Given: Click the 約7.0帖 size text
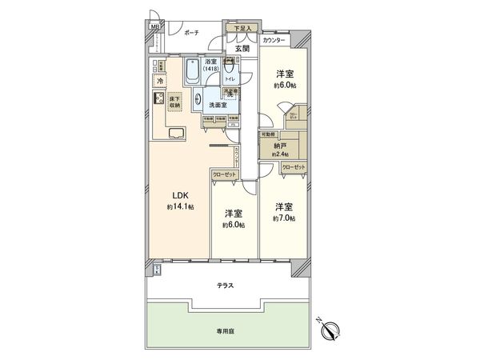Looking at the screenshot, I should (284, 218).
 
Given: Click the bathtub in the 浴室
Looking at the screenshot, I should (193, 74).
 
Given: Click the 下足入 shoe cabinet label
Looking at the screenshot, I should (242, 30).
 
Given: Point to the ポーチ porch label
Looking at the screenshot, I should (191, 33).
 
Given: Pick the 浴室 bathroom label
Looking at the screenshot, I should (211, 62).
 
